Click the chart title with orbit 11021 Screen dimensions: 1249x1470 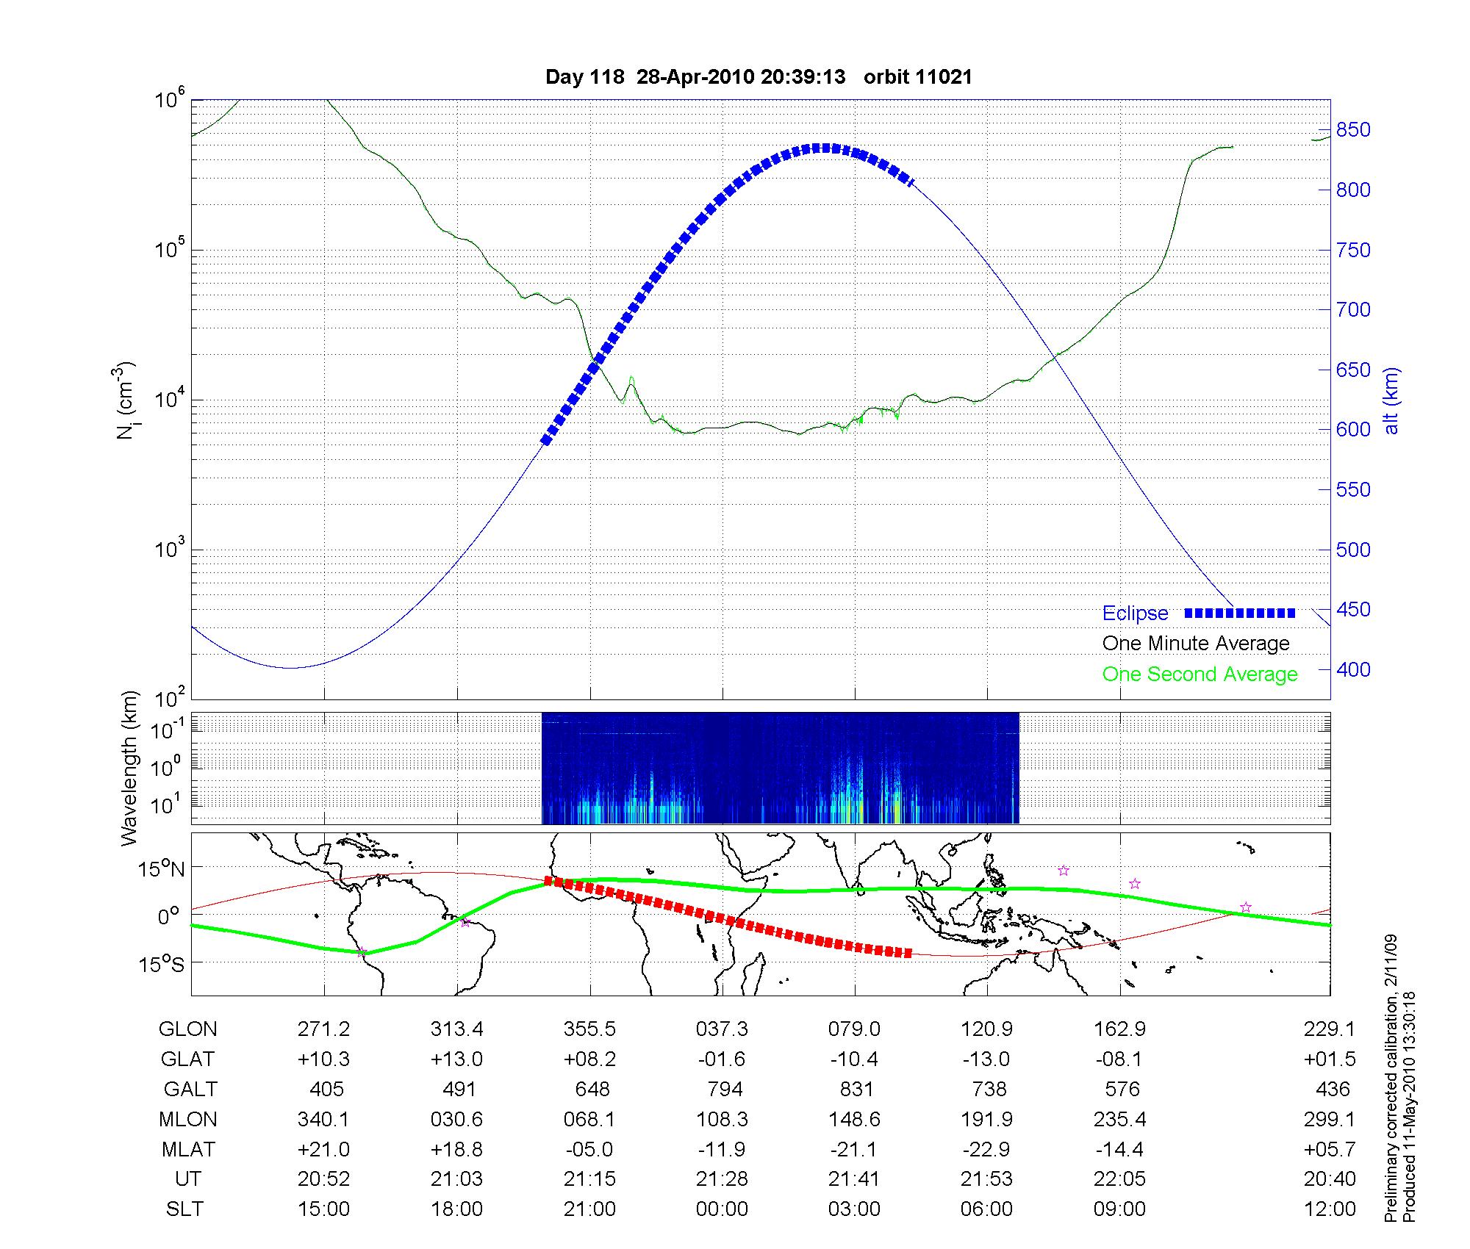759,77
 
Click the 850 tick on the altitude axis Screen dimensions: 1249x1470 1353,130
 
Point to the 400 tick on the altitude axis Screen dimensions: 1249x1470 1353,669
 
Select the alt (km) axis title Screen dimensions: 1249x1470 1391,401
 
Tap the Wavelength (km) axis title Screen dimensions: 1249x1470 130,769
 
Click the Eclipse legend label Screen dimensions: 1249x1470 1135,613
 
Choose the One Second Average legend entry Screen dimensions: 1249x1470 1200,674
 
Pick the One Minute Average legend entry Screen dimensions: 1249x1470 1196,644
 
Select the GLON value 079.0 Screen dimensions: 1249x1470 854,1029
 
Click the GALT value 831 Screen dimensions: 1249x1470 856,1089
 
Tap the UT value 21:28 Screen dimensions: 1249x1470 722,1179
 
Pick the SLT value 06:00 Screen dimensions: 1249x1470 986,1209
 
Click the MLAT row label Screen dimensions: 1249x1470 188,1149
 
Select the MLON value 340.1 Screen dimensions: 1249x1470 323,1119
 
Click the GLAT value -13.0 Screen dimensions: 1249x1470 986,1059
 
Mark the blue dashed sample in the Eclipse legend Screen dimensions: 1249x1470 1239,613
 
